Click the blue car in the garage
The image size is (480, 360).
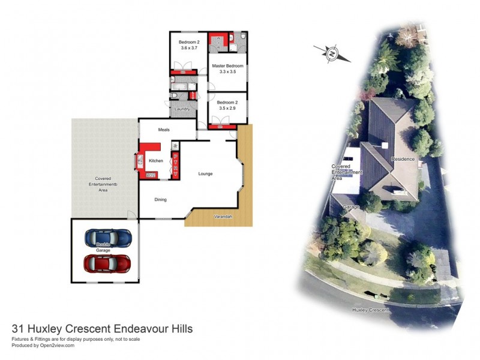[x=108, y=238]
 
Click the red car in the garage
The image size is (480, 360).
[x=107, y=263]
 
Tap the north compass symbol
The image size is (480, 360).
[x=332, y=53]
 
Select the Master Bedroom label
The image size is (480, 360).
[x=227, y=65]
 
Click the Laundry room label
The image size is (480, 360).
[x=182, y=109]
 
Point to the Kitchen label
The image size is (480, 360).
[x=156, y=161]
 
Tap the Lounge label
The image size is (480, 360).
[x=206, y=174]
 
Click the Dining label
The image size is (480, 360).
[x=160, y=200]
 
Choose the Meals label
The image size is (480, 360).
[x=164, y=130]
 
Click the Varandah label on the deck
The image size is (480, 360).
[x=223, y=216]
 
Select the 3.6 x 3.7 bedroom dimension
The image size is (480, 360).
[x=188, y=48]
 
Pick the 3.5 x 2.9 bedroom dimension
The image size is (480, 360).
[x=227, y=108]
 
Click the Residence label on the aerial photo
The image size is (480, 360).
[x=403, y=159]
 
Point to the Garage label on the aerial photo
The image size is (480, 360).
[x=351, y=207]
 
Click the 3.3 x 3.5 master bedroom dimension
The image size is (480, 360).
[x=227, y=72]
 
